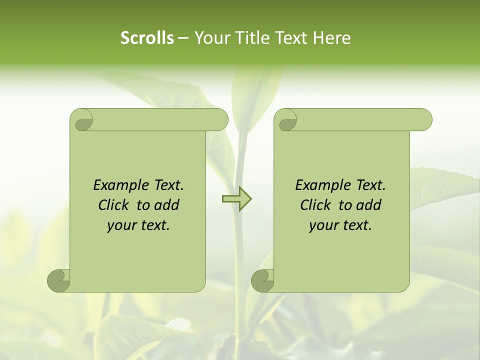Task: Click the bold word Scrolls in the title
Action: (147, 37)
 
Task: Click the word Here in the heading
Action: (331, 37)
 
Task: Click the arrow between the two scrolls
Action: (236, 199)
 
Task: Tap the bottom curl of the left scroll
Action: (59, 280)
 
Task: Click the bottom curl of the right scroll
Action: (263, 280)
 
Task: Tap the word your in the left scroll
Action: (121, 225)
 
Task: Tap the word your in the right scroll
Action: (323, 225)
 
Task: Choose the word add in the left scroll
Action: (166, 205)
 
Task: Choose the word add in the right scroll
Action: (368, 205)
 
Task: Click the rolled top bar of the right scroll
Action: (360, 119)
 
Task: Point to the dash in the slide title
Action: (183, 38)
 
